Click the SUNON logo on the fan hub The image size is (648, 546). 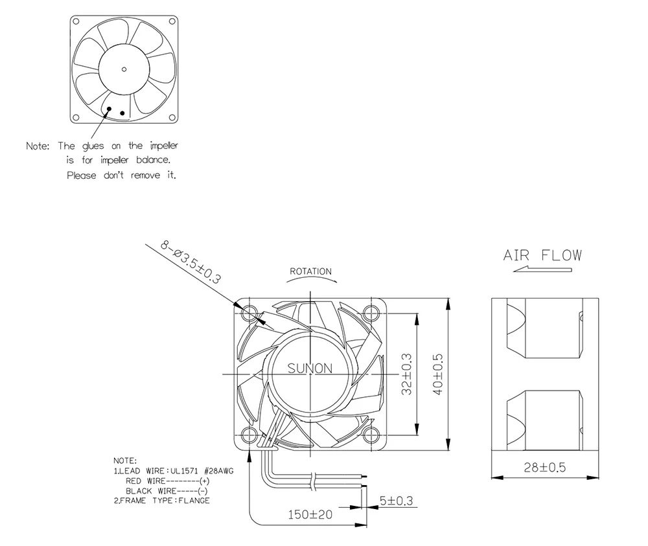[x=310, y=369]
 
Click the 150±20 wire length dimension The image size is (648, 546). [x=310, y=516]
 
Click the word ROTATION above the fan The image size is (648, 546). [x=310, y=271]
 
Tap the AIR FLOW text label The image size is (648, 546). [x=542, y=255]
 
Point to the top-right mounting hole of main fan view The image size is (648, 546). [x=372, y=312]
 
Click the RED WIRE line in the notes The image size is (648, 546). [x=167, y=481]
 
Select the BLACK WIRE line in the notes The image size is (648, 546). [x=166, y=491]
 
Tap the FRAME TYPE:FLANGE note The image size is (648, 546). [x=162, y=501]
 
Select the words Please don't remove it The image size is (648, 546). [x=122, y=176]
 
